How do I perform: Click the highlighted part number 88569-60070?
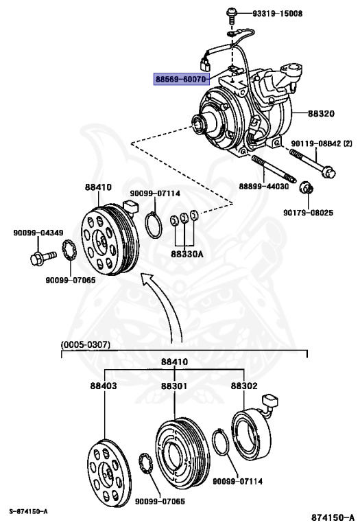[x=181, y=80]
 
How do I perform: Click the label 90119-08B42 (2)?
[x=320, y=143]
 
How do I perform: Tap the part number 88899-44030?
[x=263, y=186]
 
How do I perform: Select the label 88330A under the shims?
[x=184, y=253]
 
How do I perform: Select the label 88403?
[x=103, y=386]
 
